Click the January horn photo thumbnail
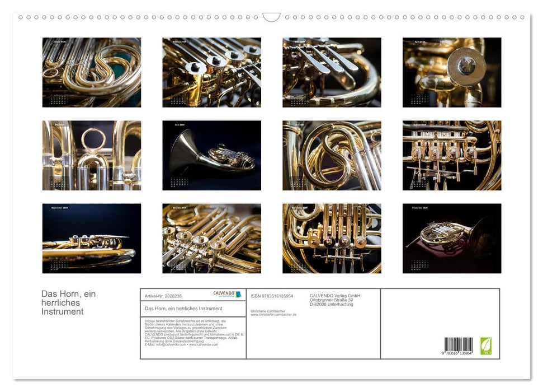coord(92,72)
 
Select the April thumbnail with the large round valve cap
coord(452,72)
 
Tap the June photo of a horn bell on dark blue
coord(211,155)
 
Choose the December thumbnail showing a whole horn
coord(452,238)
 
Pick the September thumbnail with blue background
coord(92,238)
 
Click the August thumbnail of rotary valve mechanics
coord(452,155)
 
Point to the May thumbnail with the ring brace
coord(92,155)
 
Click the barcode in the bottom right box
coord(459,344)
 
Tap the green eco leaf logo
coord(486,345)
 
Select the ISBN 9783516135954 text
coord(272,296)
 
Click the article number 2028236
coord(163,296)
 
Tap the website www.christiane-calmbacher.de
coord(273,315)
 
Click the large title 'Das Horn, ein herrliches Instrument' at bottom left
coord(69,302)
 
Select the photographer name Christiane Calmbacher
coord(268,311)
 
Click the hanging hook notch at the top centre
coord(271,17)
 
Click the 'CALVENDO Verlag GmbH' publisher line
coord(335,296)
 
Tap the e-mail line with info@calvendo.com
coord(181,344)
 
